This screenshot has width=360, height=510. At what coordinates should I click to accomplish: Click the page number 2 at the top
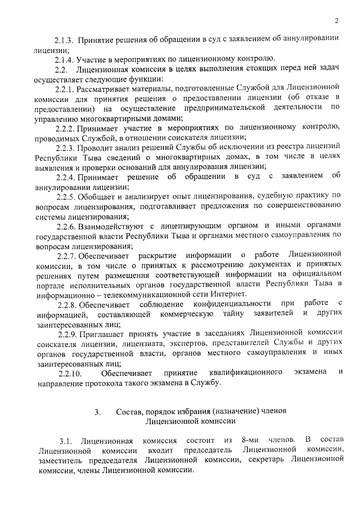(x=336, y=21)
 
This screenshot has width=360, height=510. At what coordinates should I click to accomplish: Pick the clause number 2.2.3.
(x=67, y=147)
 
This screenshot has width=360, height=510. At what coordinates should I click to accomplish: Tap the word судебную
(x=275, y=197)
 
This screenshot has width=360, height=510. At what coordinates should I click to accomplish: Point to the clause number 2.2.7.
(x=67, y=255)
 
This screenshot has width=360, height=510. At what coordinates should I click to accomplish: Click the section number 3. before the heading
(x=97, y=412)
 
